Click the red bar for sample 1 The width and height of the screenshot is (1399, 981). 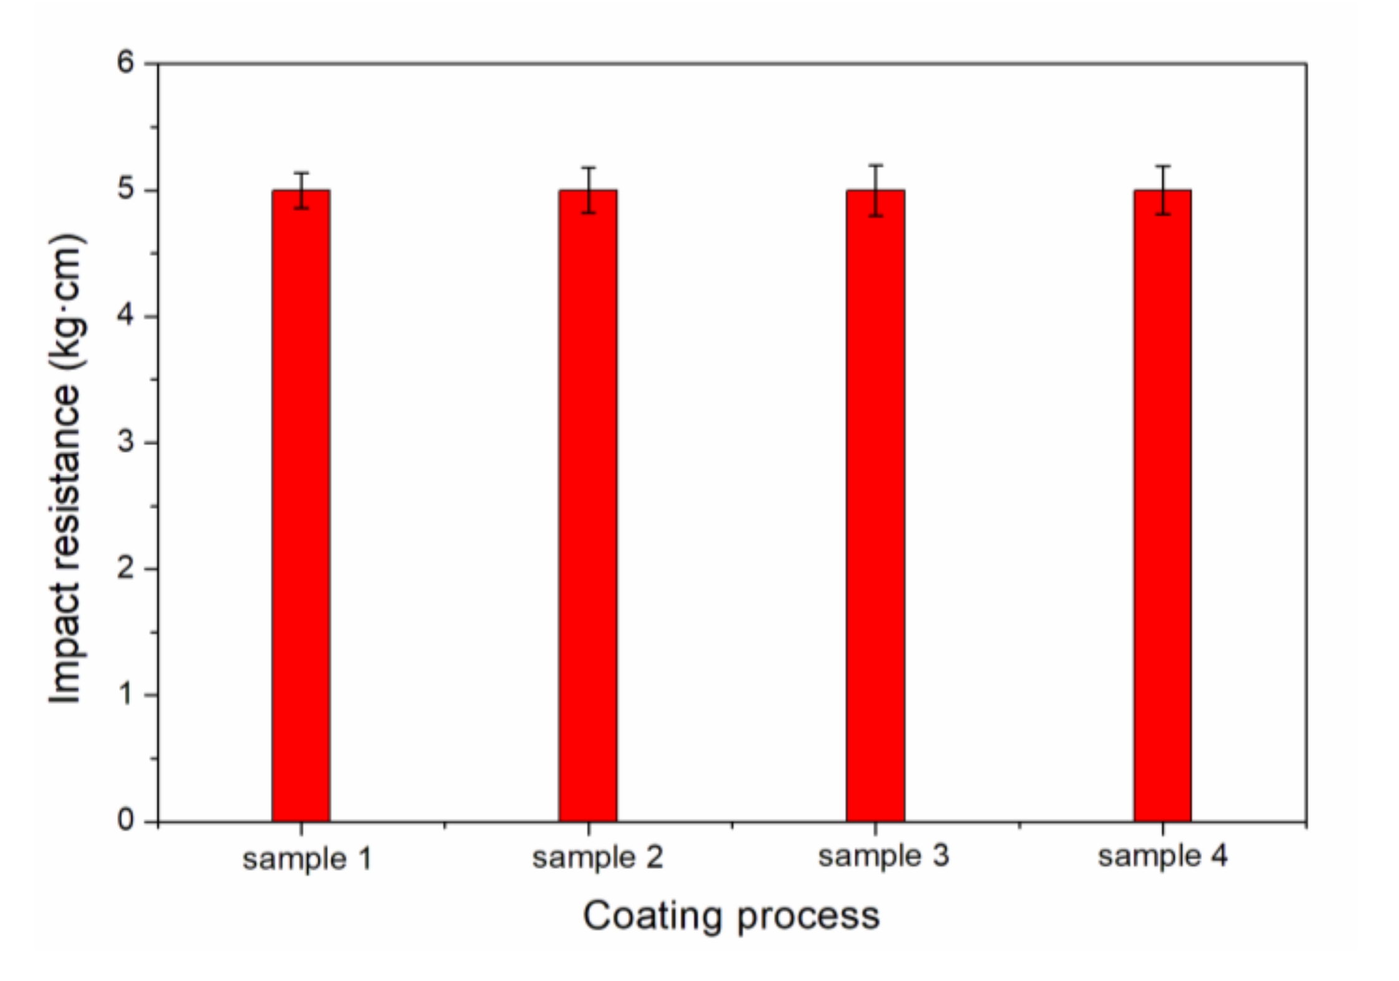(300, 505)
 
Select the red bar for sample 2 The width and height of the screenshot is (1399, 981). (587, 505)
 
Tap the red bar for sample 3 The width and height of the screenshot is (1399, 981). (875, 505)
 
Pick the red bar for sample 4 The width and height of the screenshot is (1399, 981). (1162, 505)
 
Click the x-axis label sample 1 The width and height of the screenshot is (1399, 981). (307, 859)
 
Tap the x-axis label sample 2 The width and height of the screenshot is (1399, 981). (597, 858)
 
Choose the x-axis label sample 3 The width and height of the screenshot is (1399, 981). (883, 856)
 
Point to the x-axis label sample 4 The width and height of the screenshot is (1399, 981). (1162, 856)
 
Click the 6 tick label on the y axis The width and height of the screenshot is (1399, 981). (125, 62)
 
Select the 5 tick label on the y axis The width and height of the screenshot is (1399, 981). (125, 189)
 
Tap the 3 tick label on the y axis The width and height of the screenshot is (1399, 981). (125, 442)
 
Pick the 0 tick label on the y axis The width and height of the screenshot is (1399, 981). (125, 819)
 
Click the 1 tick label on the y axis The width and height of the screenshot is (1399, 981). (127, 693)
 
